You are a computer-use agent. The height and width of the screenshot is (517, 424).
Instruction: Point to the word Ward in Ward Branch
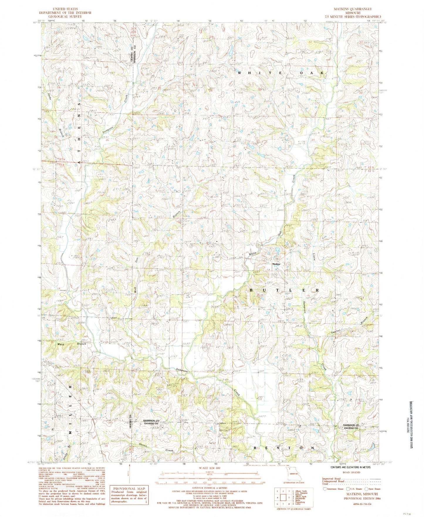[x=61, y=344]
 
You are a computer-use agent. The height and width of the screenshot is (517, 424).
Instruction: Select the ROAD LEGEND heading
[x=351, y=472]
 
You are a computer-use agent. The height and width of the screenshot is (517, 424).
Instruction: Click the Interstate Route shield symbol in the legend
[x=325, y=489]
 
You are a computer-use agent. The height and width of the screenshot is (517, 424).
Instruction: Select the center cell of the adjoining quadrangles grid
[x=283, y=497]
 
